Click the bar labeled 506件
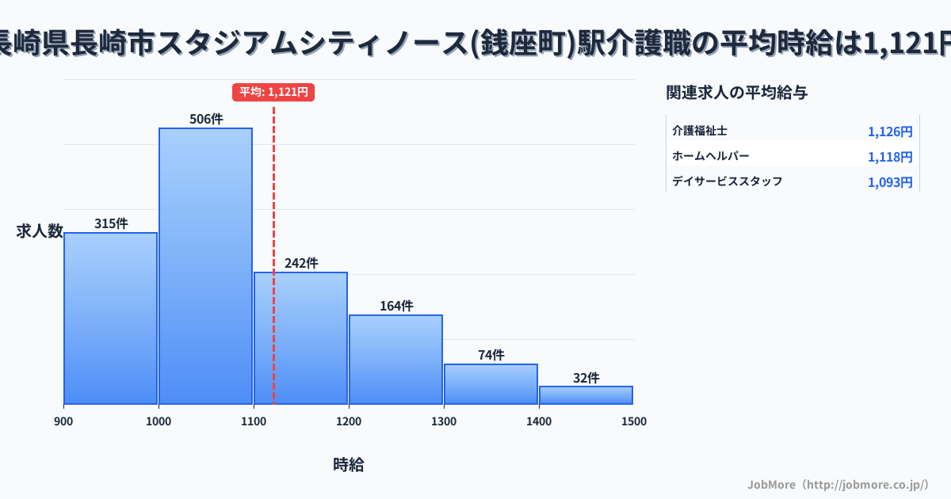[x=205, y=265]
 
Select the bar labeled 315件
[x=110, y=318]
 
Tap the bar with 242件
[x=300, y=337]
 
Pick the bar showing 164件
[x=395, y=359]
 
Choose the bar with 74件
[x=491, y=383]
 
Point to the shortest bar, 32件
[x=586, y=394]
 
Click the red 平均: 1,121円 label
[x=273, y=92]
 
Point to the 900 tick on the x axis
[x=63, y=421]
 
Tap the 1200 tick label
[x=349, y=421]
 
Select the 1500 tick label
[x=634, y=421]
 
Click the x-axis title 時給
[x=349, y=465]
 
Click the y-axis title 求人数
[x=40, y=231]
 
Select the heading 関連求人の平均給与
[x=737, y=93]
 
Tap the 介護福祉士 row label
[x=700, y=131]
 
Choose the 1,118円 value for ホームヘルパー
[x=890, y=157]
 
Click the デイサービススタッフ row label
[x=728, y=181]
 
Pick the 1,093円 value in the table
[x=890, y=182]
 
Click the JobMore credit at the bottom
[x=838, y=484]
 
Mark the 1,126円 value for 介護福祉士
[x=890, y=131]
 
